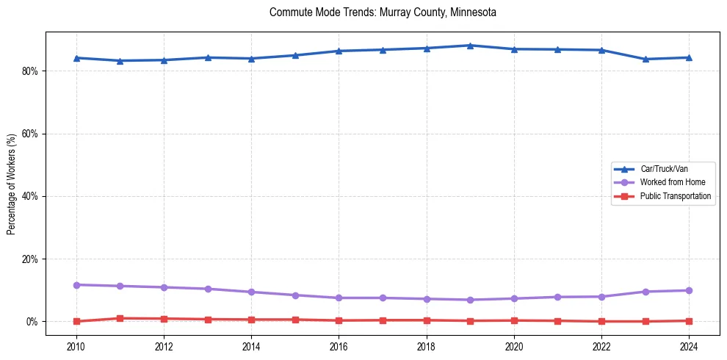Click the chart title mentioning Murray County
tap(383, 12)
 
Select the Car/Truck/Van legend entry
tap(664, 169)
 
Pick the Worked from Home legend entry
tap(669, 182)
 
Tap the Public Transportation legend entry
tap(675, 196)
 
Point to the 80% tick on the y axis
tap(33, 71)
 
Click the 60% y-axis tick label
tap(33, 134)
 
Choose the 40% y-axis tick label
tap(33, 196)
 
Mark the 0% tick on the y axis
tap(35, 322)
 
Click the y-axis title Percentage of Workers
tap(12, 184)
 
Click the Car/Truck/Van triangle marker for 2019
tap(471, 46)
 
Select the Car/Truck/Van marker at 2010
tap(76, 58)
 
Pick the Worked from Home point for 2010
tap(76, 284)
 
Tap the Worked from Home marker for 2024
tap(690, 290)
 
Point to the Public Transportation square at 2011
tap(120, 318)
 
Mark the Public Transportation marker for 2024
tap(690, 321)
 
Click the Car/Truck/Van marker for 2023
tap(645, 59)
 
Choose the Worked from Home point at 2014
tap(252, 292)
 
